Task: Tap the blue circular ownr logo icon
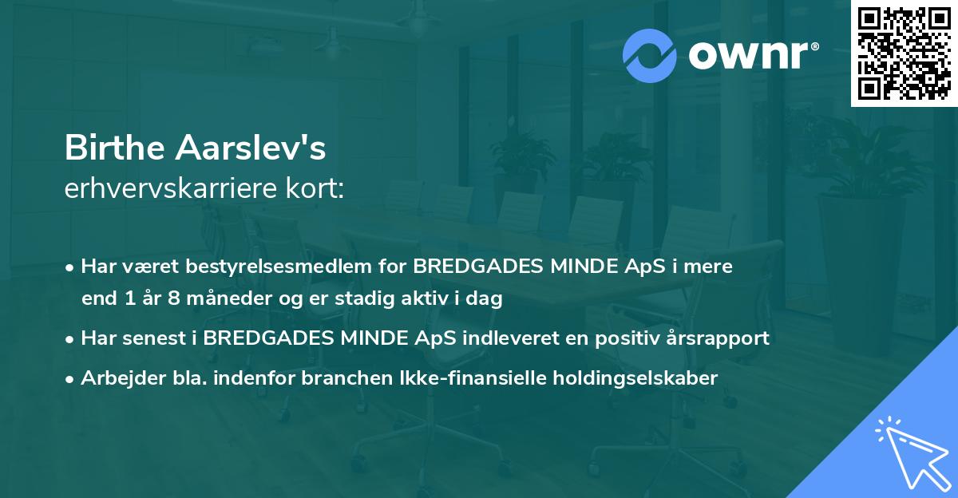coord(649,56)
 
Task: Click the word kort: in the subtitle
coord(319,188)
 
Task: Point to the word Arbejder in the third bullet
coord(117,377)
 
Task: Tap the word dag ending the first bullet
coord(485,299)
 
